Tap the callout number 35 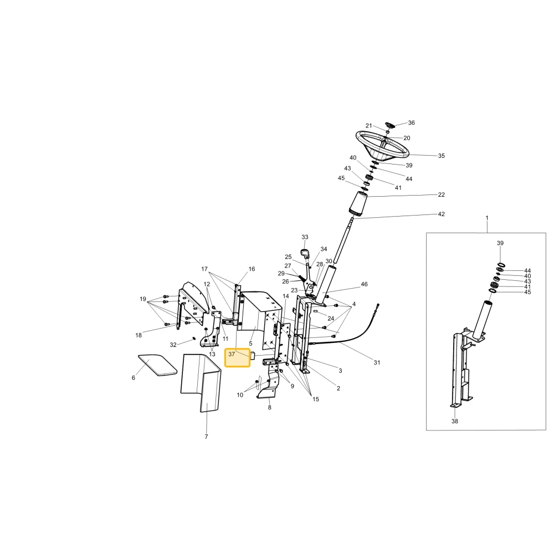point(442,156)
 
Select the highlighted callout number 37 point(232,354)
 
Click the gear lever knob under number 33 point(305,253)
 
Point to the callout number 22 point(442,194)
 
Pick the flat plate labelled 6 point(157,365)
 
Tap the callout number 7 point(206,437)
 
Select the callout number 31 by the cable point(377,362)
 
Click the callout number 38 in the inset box point(455,421)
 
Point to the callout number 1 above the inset point(487,218)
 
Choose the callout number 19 point(143,299)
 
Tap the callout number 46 point(365,284)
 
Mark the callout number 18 point(138,335)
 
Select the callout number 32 point(173,345)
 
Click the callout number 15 point(316,399)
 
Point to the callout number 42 point(442,214)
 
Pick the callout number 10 point(240,395)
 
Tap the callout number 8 point(270,408)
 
